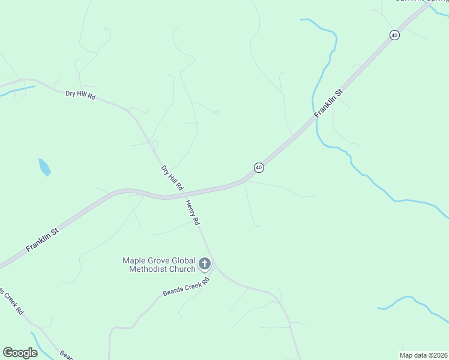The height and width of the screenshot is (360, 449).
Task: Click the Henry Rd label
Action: (x=192, y=212)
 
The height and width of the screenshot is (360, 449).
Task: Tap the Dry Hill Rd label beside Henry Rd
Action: (x=172, y=178)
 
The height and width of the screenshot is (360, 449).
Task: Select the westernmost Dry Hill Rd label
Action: (x=80, y=95)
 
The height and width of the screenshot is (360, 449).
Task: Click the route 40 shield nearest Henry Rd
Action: (x=258, y=167)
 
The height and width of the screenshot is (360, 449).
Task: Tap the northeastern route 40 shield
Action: (x=394, y=35)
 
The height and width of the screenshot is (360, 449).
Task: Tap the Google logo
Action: (x=20, y=353)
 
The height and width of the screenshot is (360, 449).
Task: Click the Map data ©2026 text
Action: (x=423, y=355)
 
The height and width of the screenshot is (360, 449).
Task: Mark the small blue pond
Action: (x=44, y=167)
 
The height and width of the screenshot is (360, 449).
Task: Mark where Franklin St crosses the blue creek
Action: (x=313, y=118)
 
